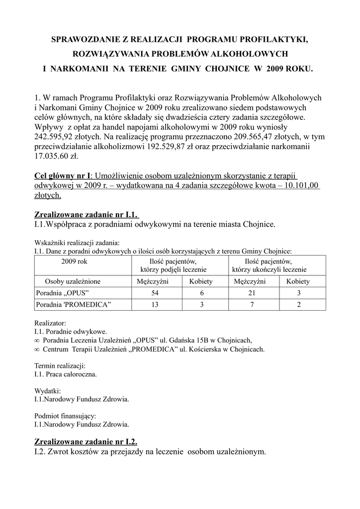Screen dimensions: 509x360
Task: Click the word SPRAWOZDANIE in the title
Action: click(x=82, y=39)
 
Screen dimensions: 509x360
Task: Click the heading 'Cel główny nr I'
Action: click(x=63, y=176)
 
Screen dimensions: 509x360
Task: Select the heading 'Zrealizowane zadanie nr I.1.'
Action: click(x=86, y=215)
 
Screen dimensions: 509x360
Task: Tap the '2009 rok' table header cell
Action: click(x=74, y=261)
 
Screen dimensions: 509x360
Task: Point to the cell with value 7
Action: click(x=251, y=304)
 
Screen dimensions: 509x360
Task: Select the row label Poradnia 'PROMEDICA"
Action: click(x=73, y=304)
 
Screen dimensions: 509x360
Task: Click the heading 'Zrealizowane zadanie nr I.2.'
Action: click(x=86, y=441)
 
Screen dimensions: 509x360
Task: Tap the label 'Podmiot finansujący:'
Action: click(x=65, y=416)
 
